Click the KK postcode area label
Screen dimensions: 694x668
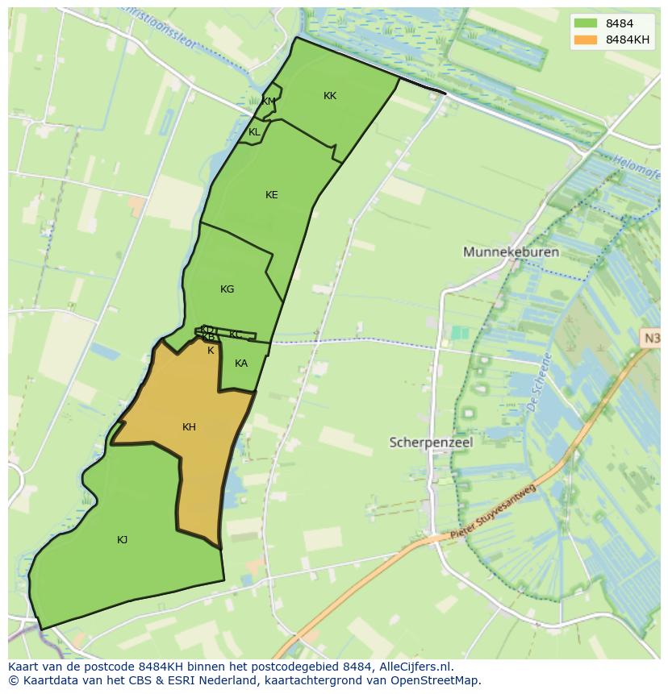tap(330, 96)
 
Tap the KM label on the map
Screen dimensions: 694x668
tap(268, 102)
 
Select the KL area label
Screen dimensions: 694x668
tap(254, 132)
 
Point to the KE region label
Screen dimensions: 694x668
tap(271, 195)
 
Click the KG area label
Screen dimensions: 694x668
tap(227, 289)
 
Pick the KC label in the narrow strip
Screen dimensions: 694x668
tap(236, 335)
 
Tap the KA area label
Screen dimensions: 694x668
tap(241, 364)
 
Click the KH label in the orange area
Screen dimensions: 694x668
tap(189, 427)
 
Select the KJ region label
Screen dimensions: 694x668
tap(122, 540)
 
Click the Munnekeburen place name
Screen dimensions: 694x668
tap(511, 252)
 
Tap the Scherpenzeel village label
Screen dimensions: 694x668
tap(431, 443)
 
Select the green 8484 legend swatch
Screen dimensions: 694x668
tap(586, 23)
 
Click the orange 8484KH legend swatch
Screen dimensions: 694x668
tap(586, 39)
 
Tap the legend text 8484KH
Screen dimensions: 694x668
tap(628, 39)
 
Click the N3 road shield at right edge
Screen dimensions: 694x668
tap(651, 339)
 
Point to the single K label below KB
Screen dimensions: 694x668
tap(211, 351)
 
